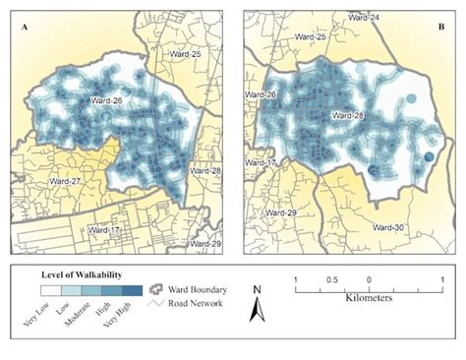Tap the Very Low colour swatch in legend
click(x=49, y=291)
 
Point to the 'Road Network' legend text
click(x=194, y=303)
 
